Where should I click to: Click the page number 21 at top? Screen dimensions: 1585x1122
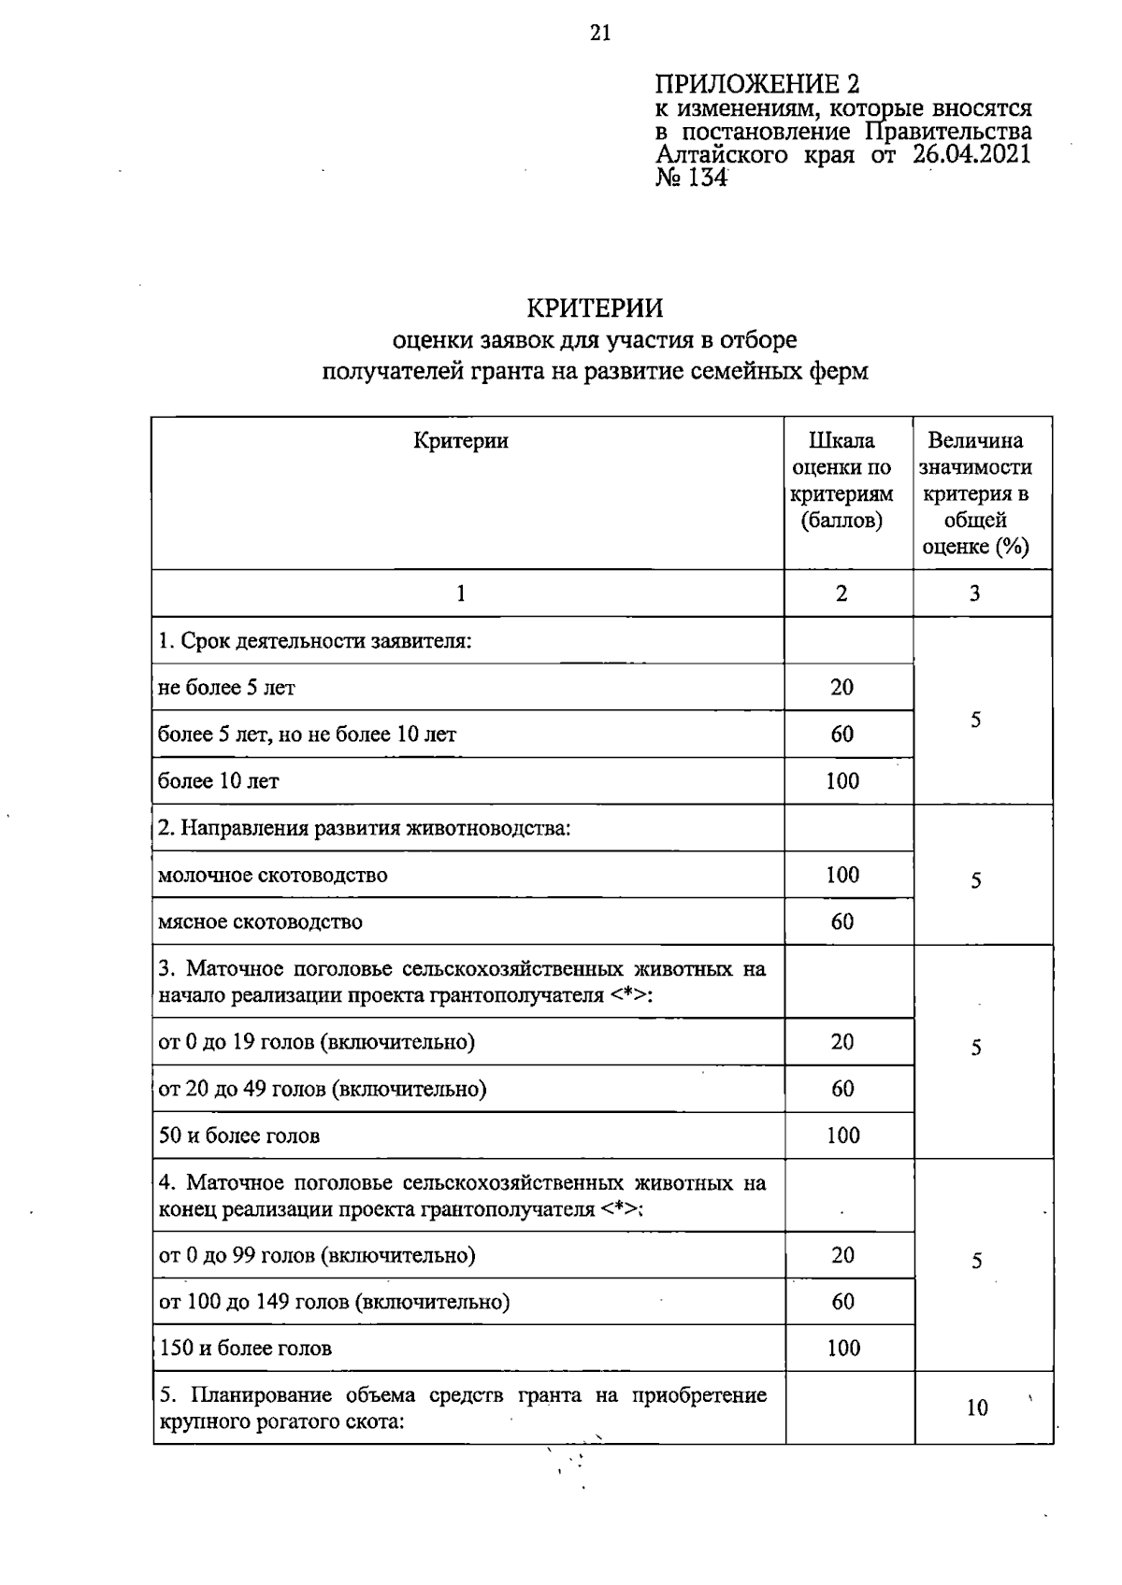point(600,34)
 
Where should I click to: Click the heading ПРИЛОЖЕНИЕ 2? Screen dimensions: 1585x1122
point(756,85)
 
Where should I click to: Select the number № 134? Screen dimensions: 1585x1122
point(691,178)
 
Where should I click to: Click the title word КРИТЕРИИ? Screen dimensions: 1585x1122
point(595,307)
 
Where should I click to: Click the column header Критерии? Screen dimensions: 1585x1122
point(461,440)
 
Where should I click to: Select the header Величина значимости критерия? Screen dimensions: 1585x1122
point(975,493)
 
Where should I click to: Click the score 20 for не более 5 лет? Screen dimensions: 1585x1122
point(841,687)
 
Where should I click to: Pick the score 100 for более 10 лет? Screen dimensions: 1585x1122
point(841,780)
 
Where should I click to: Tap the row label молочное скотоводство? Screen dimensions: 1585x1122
point(273,875)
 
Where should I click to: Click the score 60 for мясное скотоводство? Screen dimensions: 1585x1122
point(841,921)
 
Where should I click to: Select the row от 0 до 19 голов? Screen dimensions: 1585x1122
point(317,1042)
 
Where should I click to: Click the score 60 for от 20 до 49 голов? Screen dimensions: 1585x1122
point(841,1089)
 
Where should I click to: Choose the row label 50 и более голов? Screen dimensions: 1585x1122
point(239,1135)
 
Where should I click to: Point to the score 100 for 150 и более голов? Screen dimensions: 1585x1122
point(842,1348)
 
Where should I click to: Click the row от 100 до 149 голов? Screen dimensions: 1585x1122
point(335,1302)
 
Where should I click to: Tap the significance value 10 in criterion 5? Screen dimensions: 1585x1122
point(977,1407)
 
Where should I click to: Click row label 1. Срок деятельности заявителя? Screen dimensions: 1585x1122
point(314,641)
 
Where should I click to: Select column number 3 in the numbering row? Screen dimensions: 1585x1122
point(975,593)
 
